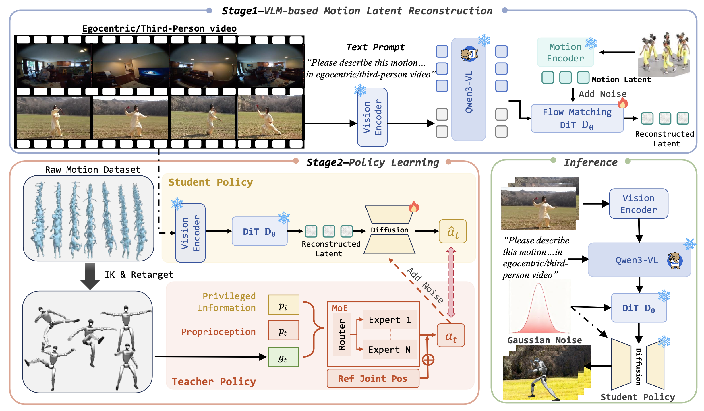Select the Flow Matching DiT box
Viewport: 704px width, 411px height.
point(577,118)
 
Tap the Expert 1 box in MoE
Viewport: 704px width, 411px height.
point(390,319)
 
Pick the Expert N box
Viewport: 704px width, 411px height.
point(390,349)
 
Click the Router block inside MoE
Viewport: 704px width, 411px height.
point(342,334)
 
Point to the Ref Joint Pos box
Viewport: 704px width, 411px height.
point(373,379)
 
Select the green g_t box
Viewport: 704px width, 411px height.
point(283,357)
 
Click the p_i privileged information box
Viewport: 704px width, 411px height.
point(283,305)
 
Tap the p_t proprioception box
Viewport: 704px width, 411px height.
point(283,330)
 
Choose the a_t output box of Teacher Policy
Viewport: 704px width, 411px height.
point(451,335)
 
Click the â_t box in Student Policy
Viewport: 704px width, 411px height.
point(453,231)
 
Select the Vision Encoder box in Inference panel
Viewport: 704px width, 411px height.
point(639,204)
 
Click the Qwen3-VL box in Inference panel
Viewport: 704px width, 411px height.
point(639,260)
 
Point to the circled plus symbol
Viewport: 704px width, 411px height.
point(428,360)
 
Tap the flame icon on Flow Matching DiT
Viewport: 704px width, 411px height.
point(623,102)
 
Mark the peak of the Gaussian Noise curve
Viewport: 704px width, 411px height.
point(539,284)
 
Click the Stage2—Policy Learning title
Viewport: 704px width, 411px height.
point(373,162)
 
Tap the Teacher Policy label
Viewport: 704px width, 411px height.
point(214,382)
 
